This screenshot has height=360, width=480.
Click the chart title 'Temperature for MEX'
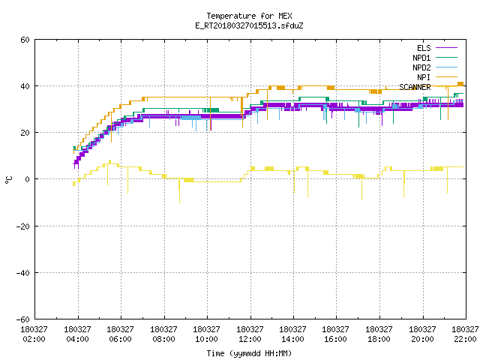tap(249, 16)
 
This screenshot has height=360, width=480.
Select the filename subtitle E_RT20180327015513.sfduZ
tap(249, 25)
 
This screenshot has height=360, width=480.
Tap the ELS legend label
tap(424, 48)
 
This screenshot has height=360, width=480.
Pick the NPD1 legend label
tap(421, 58)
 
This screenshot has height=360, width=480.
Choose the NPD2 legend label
tap(421, 67)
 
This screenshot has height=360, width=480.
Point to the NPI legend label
tap(424, 77)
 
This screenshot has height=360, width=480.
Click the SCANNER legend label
tap(415, 87)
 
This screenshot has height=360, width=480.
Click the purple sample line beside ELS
tap(446, 48)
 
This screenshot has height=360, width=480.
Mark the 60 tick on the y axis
tap(25, 40)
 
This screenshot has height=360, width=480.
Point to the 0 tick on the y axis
tap(27, 179)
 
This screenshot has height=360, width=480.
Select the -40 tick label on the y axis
tap(23, 273)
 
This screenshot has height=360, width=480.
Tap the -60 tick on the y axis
tap(23, 319)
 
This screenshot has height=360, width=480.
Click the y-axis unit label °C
tap(8, 180)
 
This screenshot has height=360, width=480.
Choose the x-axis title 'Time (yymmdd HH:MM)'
tap(249, 353)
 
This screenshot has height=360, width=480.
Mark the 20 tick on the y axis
tap(25, 133)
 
